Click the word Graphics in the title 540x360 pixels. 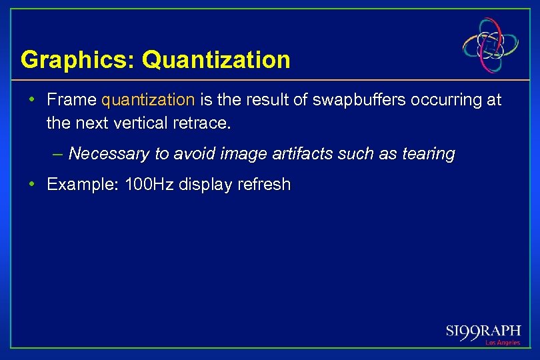(x=75, y=61)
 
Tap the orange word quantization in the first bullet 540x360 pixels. (x=148, y=101)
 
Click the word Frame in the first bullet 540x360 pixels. (x=71, y=101)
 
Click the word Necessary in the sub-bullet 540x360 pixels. (x=109, y=154)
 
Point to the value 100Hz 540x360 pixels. (x=149, y=185)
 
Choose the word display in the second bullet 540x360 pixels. (x=207, y=185)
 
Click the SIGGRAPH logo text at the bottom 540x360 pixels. (x=483, y=331)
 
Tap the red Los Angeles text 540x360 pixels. (x=502, y=343)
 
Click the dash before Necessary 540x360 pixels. (x=58, y=154)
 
